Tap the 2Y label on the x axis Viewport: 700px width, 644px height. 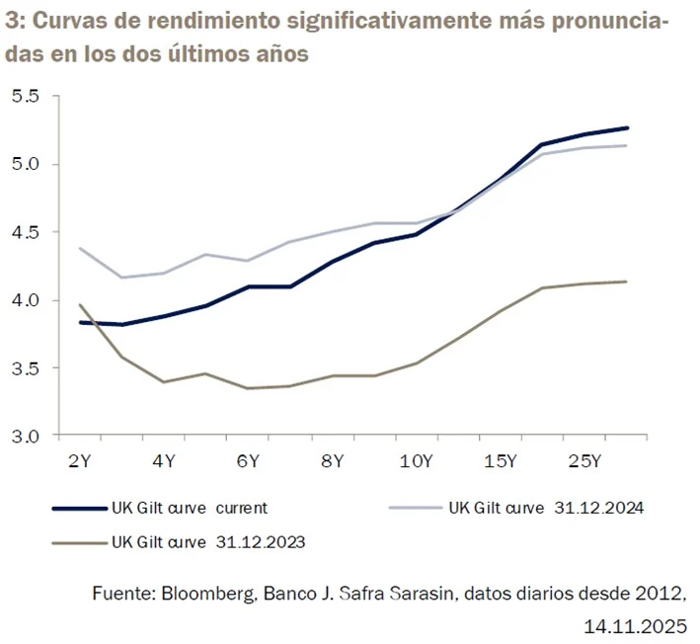(x=79, y=460)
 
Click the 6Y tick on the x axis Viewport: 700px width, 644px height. (x=248, y=460)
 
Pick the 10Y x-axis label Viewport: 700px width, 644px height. (x=416, y=460)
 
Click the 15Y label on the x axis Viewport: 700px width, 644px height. (x=501, y=460)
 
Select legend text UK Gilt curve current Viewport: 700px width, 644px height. (x=189, y=509)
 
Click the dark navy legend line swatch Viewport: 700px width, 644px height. (x=78, y=509)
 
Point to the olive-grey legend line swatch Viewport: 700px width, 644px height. (x=78, y=542)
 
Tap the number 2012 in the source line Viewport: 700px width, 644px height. (x=663, y=594)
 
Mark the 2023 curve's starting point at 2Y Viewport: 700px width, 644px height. (x=79, y=305)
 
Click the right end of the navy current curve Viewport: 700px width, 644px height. (x=627, y=127)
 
